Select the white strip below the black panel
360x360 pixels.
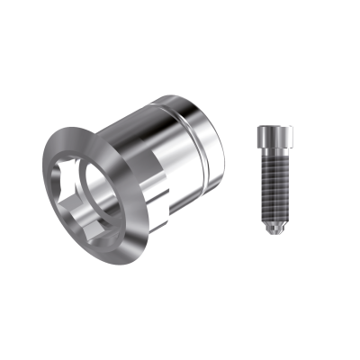coord(180,324)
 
